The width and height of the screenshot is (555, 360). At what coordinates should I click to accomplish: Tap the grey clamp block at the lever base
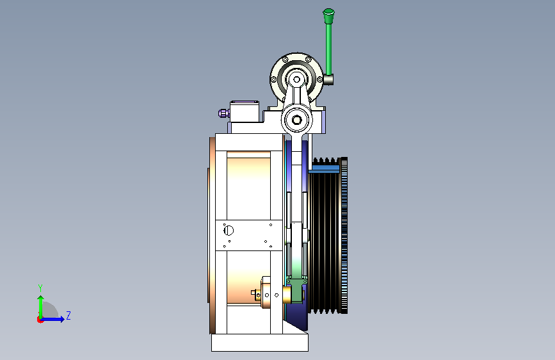[x=328, y=79]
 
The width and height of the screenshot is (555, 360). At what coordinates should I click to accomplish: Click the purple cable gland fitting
[x=223, y=113]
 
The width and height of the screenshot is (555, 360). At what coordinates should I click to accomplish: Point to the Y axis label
[x=40, y=288]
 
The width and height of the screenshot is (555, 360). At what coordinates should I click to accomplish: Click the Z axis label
[x=68, y=315]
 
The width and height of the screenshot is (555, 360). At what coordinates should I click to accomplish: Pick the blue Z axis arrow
[x=53, y=319]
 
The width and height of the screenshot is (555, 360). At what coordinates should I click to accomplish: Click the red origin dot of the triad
[x=40, y=320]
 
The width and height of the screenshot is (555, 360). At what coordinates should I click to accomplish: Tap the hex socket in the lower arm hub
[x=296, y=120]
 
